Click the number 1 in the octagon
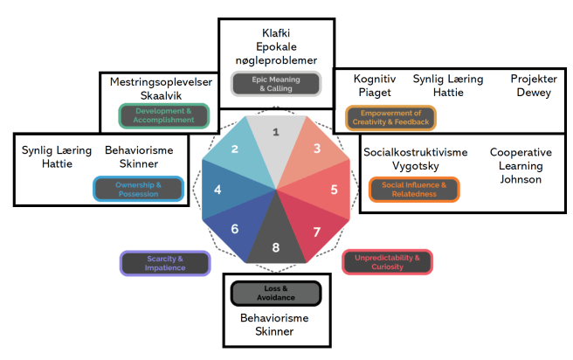pyautogui.click(x=276, y=132)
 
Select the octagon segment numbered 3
pyautogui.click(x=317, y=149)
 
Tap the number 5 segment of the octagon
pyautogui.click(x=334, y=189)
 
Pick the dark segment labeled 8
pyautogui.click(x=276, y=247)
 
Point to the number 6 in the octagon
pyautogui.click(x=235, y=229)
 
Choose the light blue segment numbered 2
pyautogui.click(x=235, y=149)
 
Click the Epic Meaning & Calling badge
pyautogui.click(x=276, y=84)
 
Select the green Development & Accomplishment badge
pyautogui.click(x=163, y=115)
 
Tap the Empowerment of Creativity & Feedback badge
pyautogui.click(x=390, y=118)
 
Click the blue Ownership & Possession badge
pyautogui.click(x=138, y=189)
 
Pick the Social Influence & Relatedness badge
pyautogui.click(x=414, y=190)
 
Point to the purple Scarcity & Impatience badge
pyautogui.click(x=164, y=263)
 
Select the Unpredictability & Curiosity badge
pyautogui.click(x=387, y=262)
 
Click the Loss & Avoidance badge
pyautogui.click(x=276, y=293)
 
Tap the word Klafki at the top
pyautogui.click(x=276, y=33)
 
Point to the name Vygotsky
pyautogui.click(x=415, y=165)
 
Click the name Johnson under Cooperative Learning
pyautogui.click(x=521, y=179)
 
